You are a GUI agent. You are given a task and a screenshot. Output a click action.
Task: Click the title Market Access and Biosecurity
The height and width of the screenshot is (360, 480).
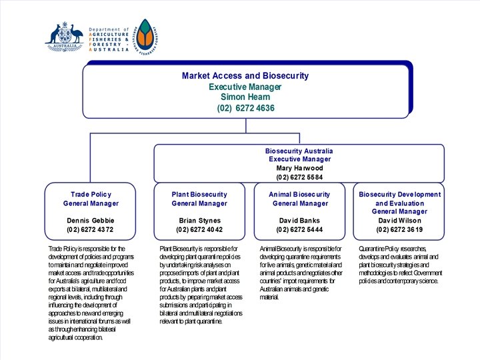click(x=245, y=76)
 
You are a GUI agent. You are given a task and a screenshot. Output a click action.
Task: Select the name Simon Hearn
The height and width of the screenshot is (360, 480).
click(x=245, y=97)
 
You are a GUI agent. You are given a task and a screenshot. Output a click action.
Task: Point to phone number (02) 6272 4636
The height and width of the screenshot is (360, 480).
click(x=245, y=108)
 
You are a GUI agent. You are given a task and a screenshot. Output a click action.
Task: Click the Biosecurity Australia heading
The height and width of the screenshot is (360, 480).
click(x=299, y=151)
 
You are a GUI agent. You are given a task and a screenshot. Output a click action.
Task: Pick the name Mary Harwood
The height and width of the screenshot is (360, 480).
click(x=299, y=168)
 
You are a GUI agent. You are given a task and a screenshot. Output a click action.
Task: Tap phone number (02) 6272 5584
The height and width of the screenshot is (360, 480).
click(x=299, y=177)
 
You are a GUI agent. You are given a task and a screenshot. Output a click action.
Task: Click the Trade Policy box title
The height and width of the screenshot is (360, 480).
click(x=91, y=195)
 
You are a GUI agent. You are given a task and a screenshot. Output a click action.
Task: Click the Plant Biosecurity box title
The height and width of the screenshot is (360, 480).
click(x=199, y=195)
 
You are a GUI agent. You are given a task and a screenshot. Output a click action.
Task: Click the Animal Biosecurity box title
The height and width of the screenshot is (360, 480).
click(x=300, y=195)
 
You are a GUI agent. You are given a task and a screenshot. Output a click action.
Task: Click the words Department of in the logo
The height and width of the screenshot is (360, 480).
click(x=108, y=30)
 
